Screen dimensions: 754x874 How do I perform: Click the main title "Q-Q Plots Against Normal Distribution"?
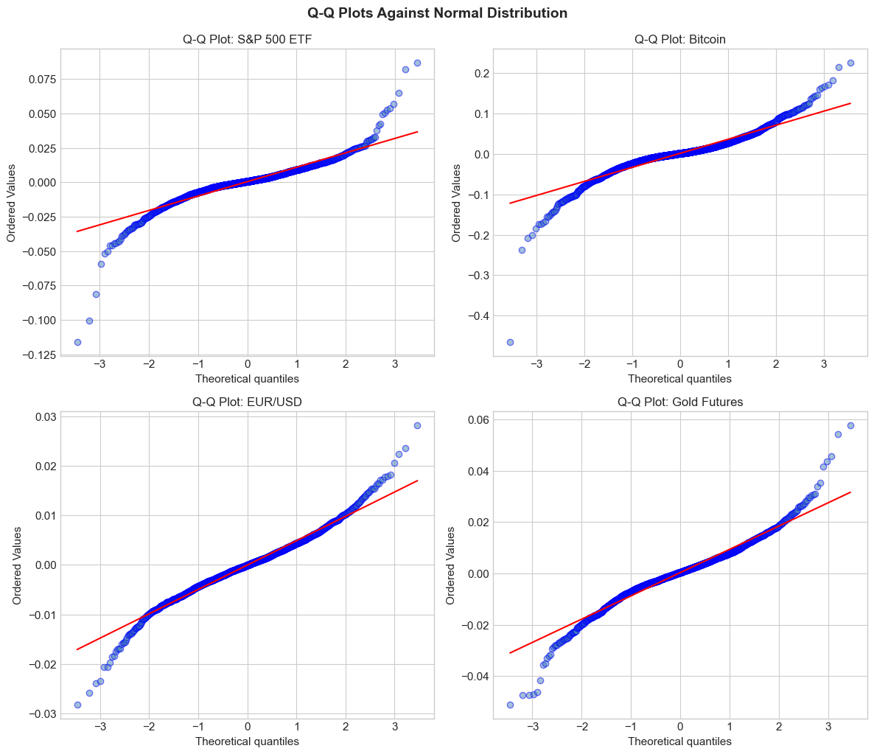point(437,13)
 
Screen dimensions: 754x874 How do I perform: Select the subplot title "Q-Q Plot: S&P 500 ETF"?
point(247,40)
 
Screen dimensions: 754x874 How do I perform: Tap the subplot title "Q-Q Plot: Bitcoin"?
point(680,40)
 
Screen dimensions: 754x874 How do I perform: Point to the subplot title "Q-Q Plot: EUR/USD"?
point(247,402)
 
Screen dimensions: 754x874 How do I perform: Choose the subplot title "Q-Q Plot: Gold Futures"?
point(680,402)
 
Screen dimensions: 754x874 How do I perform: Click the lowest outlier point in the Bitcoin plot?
point(510,342)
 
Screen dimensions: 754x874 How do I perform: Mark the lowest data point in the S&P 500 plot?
point(77,342)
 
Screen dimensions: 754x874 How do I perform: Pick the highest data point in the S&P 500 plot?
point(417,63)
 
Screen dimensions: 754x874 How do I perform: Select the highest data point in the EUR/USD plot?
point(417,425)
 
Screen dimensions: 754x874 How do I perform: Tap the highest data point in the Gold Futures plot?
point(850,425)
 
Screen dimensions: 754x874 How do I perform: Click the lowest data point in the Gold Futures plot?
point(510,705)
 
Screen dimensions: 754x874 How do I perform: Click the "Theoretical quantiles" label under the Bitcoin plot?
point(680,379)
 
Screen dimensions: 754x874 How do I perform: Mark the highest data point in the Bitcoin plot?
point(850,63)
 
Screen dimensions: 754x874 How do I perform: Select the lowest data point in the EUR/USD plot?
point(77,705)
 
